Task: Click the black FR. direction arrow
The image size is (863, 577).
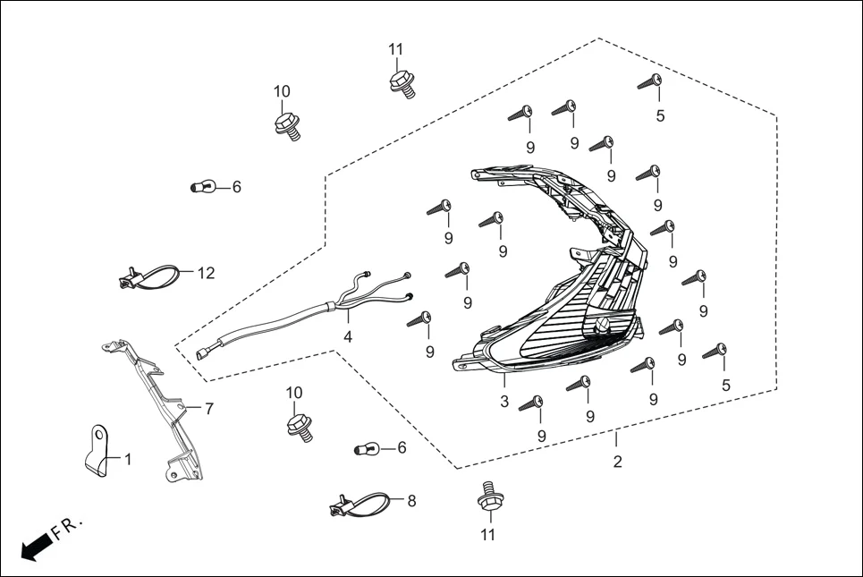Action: tap(35, 546)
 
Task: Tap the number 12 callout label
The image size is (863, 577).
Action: tap(207, 273)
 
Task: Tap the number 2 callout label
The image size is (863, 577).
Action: tap(617, 462)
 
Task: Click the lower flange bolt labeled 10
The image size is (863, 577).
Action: tap(300, 425)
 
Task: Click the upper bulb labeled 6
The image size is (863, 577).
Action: tap(203, 187)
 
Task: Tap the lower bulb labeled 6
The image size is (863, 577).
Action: tap(368, 447)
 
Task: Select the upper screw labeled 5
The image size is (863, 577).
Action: tap(650, 84)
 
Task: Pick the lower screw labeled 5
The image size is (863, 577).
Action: tap(715, 352)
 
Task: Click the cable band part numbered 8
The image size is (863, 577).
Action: tap(362, 505)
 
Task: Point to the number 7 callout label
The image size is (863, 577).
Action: tap(209, 409)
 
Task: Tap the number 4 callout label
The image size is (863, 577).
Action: tap(348, 337)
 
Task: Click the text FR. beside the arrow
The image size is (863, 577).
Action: tap(67, 528)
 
